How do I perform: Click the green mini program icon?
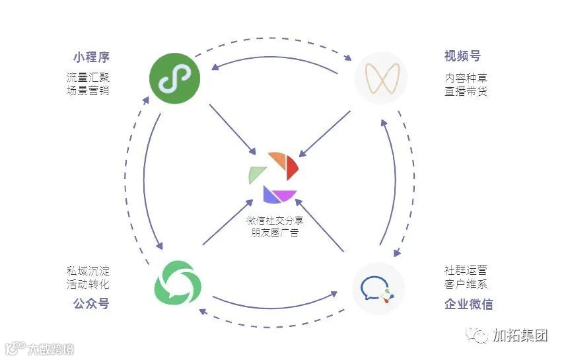point(174,79)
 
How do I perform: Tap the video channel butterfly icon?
point(380,79)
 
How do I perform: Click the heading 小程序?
point(91,57)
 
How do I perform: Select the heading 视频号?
point(462,57)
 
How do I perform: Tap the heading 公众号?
point(91,304)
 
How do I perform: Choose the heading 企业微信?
point(468,305)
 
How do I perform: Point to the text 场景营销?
point(87,90)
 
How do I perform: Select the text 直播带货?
point(466,91)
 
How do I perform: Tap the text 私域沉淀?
point(87,271)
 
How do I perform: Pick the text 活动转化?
point(87,284)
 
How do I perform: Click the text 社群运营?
point(466,271)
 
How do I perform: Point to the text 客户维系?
point(466,284)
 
